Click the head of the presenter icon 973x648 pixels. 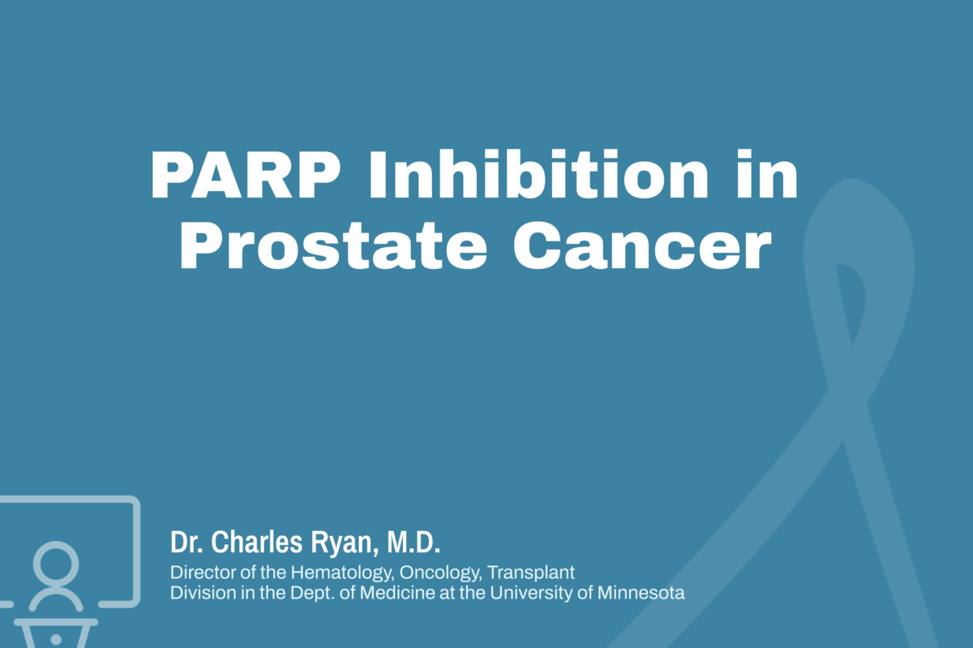(56, 561)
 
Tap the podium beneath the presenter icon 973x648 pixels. (55, 632)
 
